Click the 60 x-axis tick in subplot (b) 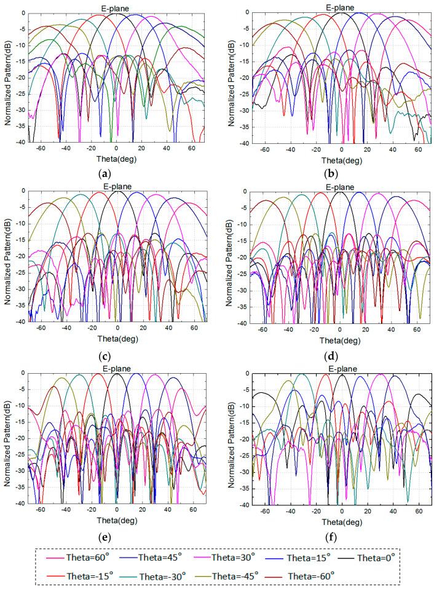[x=419, y=149]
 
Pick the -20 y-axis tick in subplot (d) [x=242, y=258]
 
